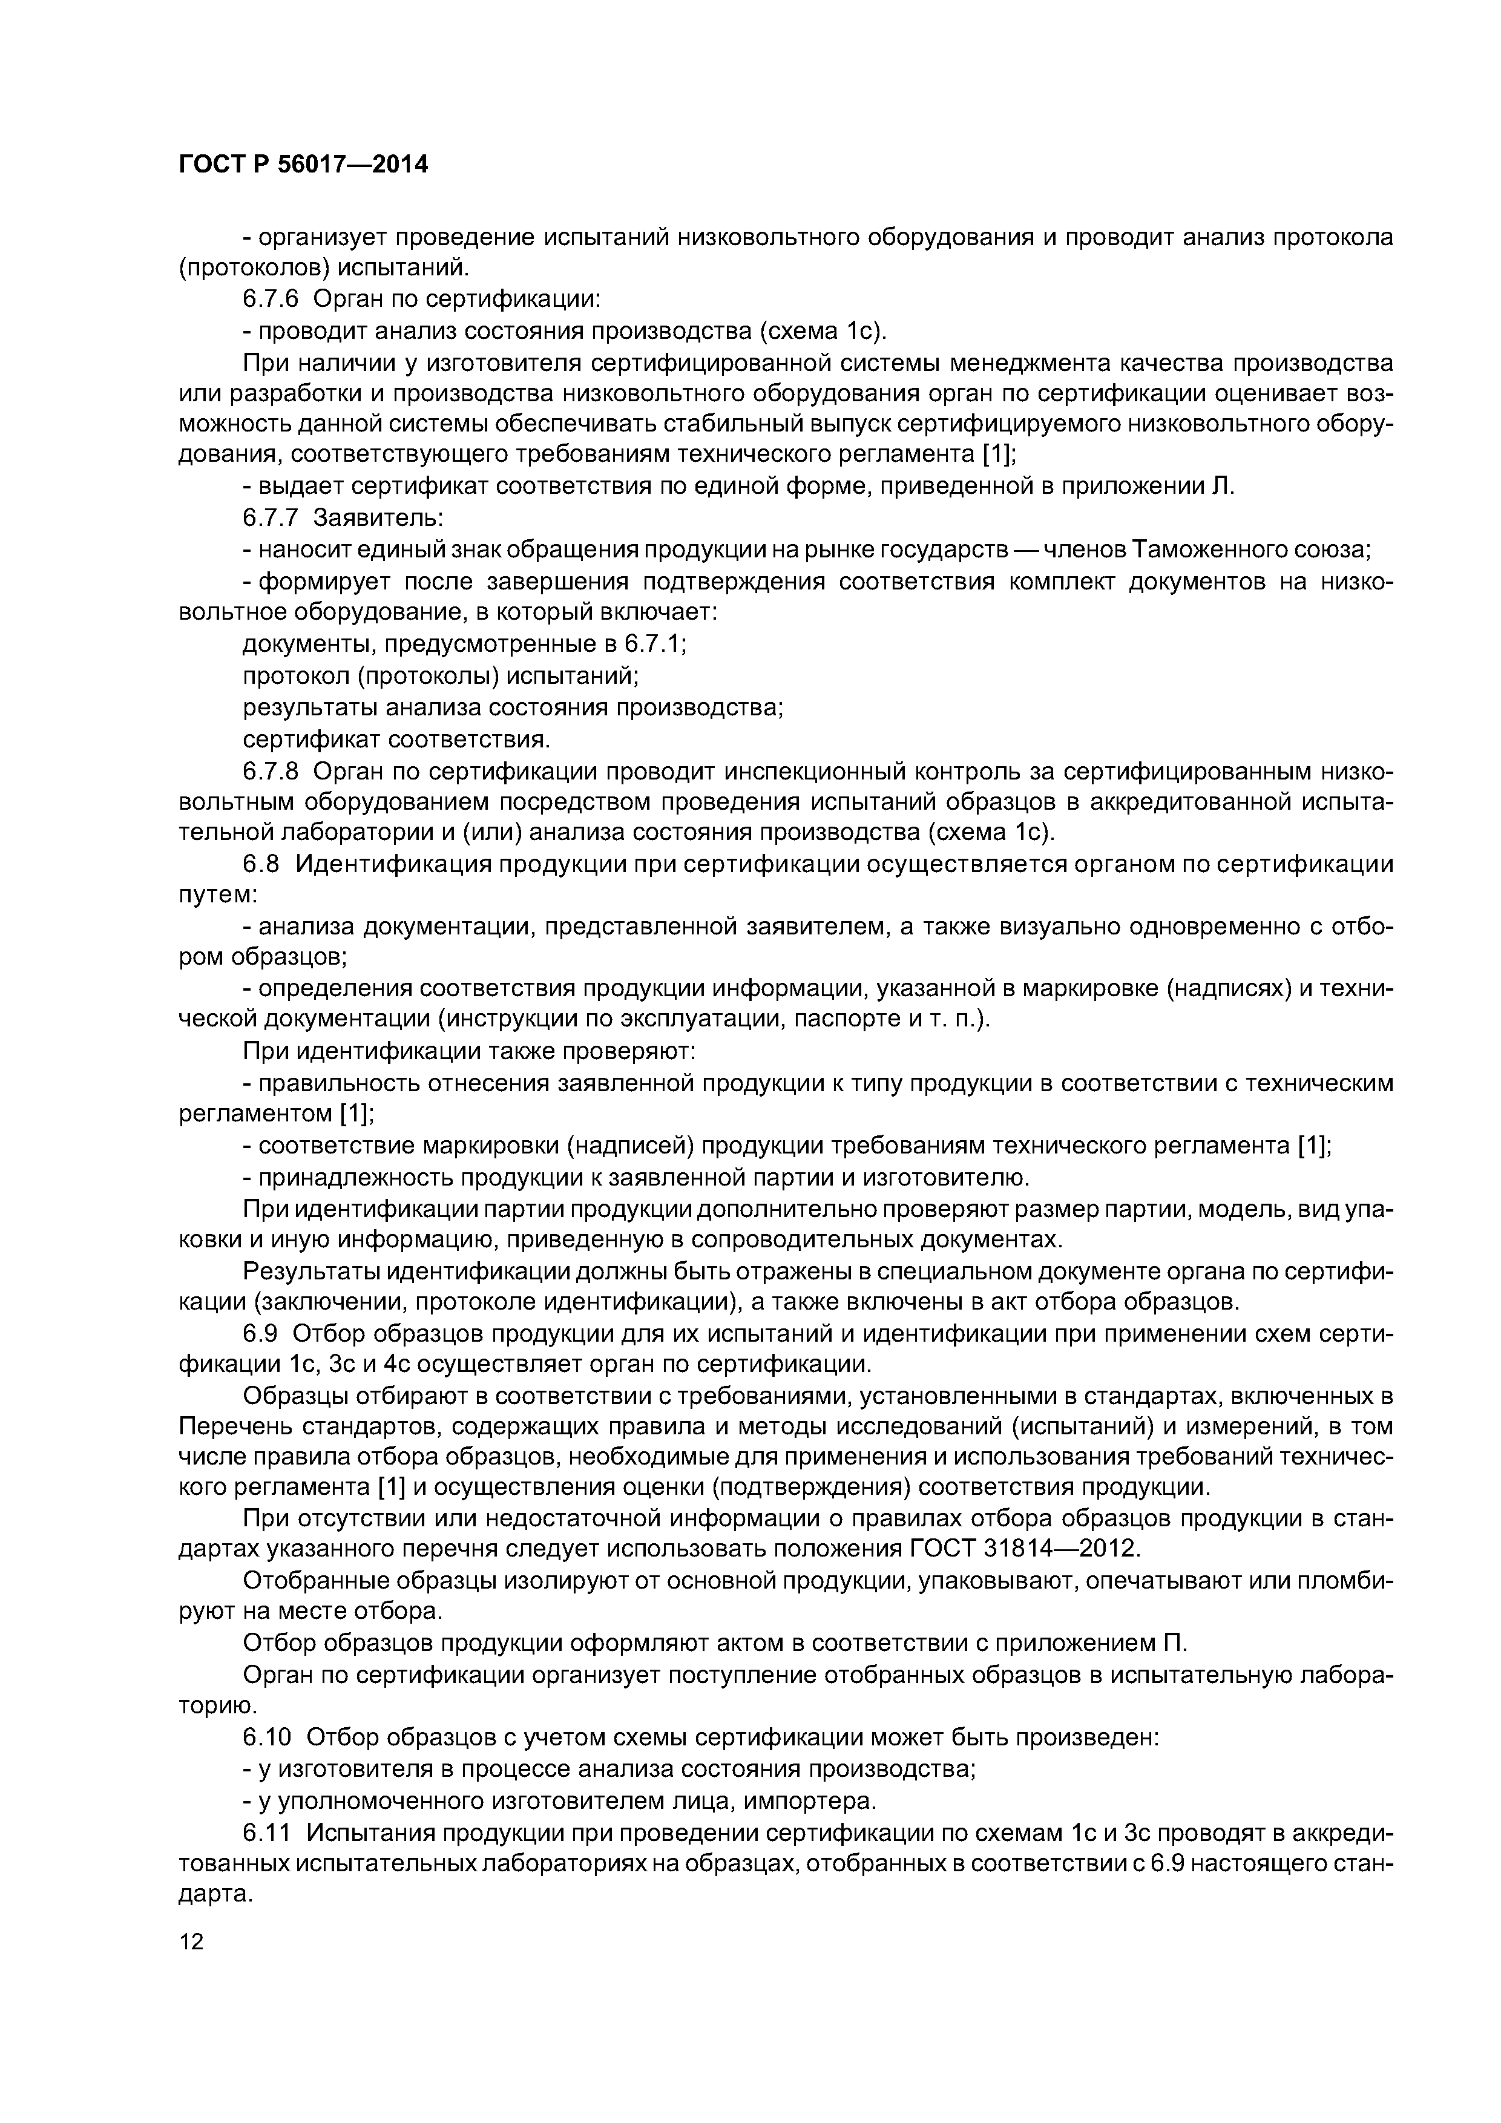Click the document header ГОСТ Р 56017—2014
pyautogui.click(x=303, y=165)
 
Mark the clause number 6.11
pyautogui.click(x=266, y=1832)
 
